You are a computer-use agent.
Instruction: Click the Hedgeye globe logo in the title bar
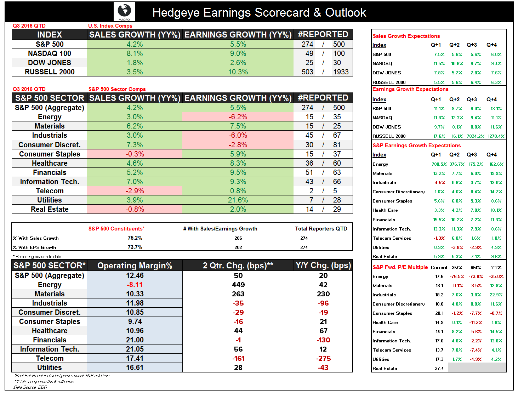(124, 11)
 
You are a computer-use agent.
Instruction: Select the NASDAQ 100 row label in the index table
(50, 53)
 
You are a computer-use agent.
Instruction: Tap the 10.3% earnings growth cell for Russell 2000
(238, 72)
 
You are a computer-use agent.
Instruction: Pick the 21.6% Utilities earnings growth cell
(238, 200)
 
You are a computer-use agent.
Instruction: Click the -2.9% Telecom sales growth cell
(135, 191)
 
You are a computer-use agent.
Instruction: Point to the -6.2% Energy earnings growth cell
(238, 117)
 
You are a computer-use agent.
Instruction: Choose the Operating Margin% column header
(135, 266)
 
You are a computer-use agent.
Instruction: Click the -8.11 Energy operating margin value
(135, 285)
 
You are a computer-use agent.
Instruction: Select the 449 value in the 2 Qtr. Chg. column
(238, 285)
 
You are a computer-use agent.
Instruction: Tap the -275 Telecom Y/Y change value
(323, 358)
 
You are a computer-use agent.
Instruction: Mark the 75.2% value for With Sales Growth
(135, 238)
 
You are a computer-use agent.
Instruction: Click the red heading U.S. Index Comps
(110, 26)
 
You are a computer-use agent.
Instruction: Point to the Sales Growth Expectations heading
(406, 36)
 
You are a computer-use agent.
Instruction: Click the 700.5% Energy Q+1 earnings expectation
(439, 164)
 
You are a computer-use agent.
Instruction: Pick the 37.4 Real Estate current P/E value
(439, 369)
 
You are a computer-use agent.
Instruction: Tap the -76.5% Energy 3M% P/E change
(457, 277)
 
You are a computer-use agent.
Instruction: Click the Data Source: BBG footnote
(30, 387)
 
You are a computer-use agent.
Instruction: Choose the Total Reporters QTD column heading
(321, 229)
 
